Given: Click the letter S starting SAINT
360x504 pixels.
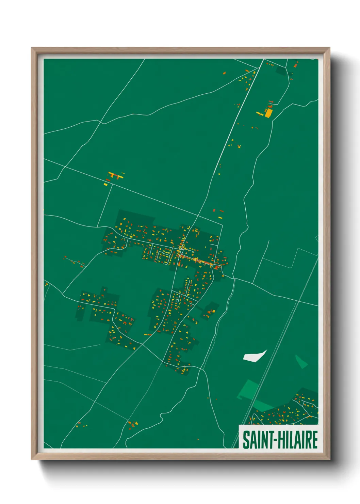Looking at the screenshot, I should pos(246,440).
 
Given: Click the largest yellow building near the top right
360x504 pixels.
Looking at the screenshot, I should pos(269,112).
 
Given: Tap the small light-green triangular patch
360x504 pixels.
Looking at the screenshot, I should pos(301,361).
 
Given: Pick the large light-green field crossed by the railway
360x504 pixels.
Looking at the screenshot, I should pos(250,390).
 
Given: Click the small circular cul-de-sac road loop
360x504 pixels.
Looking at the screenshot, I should pos(177,301).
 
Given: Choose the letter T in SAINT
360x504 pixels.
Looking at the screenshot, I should pos(271,440).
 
